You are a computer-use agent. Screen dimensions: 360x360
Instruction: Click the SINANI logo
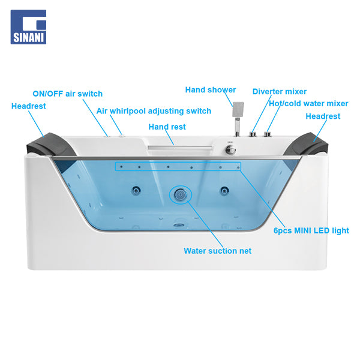tap(28, 27)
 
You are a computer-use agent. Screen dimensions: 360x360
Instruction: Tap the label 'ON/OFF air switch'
tap(67, 94)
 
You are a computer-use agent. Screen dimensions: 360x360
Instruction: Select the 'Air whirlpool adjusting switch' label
tap(154, 111)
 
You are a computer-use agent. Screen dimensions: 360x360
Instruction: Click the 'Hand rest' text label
tap(167, 127)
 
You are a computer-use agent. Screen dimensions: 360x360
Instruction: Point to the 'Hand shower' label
tap(211, 90)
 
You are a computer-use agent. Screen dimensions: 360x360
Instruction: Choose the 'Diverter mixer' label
tap(280, 91)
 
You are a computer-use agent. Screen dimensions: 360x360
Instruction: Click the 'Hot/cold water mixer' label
tap(308, 104)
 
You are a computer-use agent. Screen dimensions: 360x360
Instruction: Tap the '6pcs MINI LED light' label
tap(311, 230)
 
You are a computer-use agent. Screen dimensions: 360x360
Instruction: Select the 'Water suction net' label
tap(217, 251)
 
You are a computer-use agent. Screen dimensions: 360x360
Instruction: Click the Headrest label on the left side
tap(28, 106)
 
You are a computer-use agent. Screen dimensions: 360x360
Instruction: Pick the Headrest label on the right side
tap(323, 116)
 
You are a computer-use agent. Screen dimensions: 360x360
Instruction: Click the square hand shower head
tap(238, 109)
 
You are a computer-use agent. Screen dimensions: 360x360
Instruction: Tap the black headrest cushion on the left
tap(51, 145)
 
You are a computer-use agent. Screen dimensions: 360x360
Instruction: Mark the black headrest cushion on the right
tap(307, 145)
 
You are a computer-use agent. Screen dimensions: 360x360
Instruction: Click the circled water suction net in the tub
tap(181, 194)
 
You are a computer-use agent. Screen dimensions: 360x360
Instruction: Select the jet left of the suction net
tap(136, 190)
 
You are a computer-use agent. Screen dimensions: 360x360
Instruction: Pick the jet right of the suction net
tap(224, 190)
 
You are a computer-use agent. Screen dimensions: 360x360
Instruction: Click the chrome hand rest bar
tap(181, 148)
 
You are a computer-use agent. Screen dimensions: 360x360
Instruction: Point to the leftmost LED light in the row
tap(121, 167)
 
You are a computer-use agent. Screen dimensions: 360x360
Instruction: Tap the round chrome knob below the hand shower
tap(230, 150)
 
